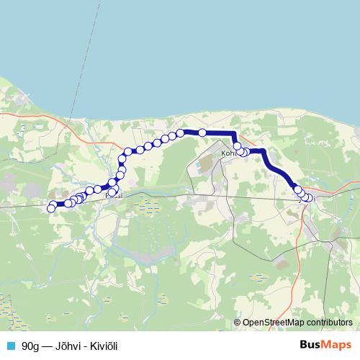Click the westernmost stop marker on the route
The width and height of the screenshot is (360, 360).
click(50, 209)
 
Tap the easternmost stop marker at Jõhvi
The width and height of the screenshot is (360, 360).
click(310, 198)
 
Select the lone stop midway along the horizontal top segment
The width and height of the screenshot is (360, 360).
click(202, 132)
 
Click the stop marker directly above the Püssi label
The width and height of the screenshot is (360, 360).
click(112, 182)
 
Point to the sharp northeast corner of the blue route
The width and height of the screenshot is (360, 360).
click(235, 133)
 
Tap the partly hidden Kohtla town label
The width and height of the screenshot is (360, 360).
click(228, 153)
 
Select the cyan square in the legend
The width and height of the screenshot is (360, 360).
click(10, 346)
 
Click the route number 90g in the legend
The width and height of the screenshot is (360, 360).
click(30, 346)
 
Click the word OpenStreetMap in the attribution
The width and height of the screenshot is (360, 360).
click(271, 324)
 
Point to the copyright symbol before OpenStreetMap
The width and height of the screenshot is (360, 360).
click(237, 324)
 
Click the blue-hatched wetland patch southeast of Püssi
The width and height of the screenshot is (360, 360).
click(148, 209)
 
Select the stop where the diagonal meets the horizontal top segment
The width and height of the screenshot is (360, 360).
click(181, 132)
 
